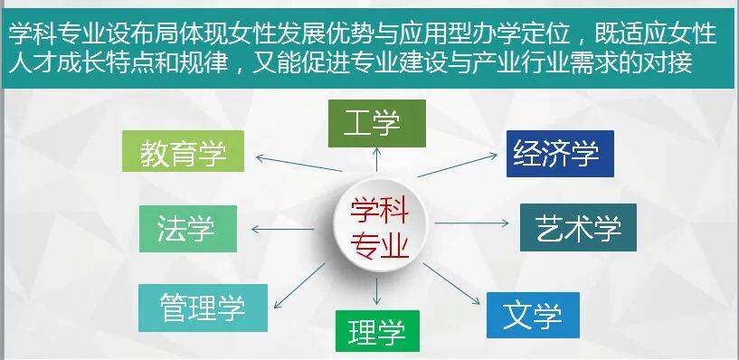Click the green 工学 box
tap(376, 123)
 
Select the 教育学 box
tap(184, 152)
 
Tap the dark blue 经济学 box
tap(560, 153)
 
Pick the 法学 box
tap(188, 228)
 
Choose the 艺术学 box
tap(578, 227)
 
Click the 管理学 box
tap(204, 308)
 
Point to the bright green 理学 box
tap(378, 330)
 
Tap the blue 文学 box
tap(533, 315)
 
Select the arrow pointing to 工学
tap(377, 163)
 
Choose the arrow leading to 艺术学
tap(475, 222)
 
